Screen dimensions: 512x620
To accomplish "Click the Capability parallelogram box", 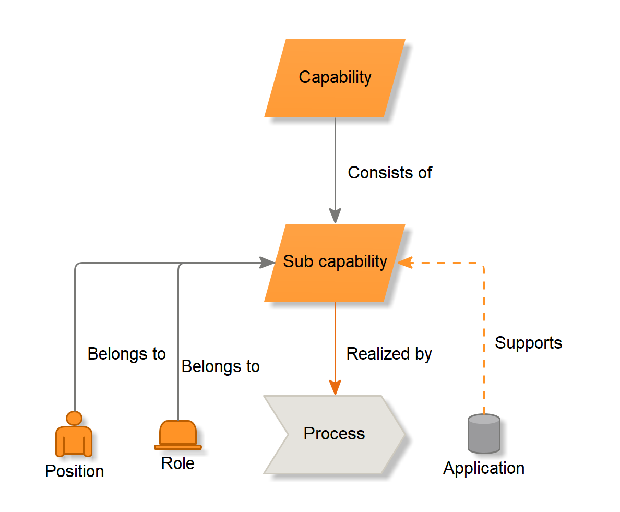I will point(335,78).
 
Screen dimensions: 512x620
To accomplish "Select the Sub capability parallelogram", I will point(335,263).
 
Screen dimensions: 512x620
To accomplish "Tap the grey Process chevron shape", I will point(334,434).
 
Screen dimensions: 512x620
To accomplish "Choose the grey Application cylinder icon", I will point(484,434).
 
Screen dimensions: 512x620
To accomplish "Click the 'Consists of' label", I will point(390,173).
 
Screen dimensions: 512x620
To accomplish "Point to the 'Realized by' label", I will point(389,354).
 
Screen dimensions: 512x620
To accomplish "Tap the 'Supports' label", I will point(528,343).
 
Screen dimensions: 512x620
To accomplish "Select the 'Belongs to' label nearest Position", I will point(126,354).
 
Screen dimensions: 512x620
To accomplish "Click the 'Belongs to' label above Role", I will point(220,366).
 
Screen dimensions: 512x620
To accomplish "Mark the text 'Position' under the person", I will point(75,471).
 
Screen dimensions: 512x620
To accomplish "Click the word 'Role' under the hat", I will point(177,463).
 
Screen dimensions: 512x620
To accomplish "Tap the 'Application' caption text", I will point(484,468).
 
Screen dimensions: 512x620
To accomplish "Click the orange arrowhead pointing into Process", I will point(335,387).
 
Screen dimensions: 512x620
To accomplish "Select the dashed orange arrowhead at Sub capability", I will point(404,263).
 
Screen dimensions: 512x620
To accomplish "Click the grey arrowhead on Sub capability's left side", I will point(268,263).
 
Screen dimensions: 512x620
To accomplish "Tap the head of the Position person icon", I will point(75,418).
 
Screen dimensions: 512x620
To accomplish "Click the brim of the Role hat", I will point(178,447).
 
